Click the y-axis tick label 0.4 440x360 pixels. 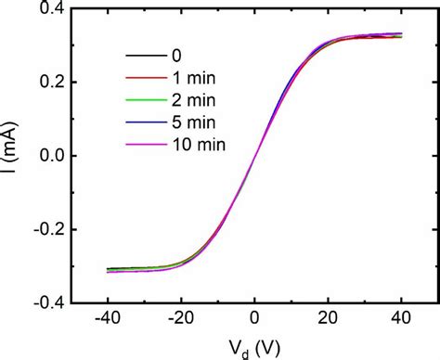pos(46,10)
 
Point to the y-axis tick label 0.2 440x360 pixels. pos(46,83)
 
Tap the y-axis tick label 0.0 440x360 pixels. pos(46,156)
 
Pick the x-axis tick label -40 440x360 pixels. pos(108,319)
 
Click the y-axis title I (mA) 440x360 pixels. pos(12,156)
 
